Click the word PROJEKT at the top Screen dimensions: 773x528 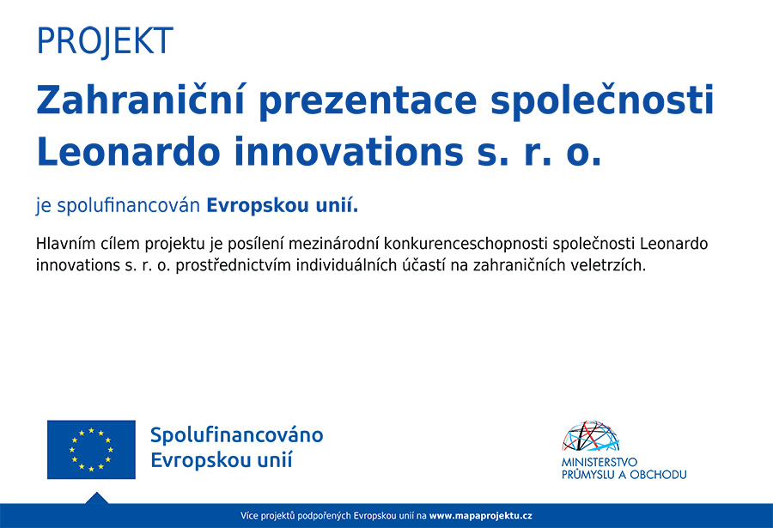coord(105,41)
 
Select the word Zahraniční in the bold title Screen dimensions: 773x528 coord(141,100)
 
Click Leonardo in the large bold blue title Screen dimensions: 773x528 coord(128,151)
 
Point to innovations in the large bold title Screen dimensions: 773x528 coord(348,151)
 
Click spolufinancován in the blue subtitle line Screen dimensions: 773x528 coord(128,205)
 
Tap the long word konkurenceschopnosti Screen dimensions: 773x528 coord(466,245)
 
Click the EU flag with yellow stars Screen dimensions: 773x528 coord(91,450)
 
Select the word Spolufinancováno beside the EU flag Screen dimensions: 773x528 coord(237,435)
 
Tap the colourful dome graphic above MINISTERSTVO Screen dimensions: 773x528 coord(590,436)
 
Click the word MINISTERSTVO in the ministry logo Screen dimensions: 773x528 coord(600,463)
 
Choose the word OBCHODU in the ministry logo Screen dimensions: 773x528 coord(658,475)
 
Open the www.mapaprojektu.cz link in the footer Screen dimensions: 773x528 coord(481,516)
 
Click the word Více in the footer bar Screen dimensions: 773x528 coord(249,516)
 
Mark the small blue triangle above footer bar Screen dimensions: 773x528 coord(96,499)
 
